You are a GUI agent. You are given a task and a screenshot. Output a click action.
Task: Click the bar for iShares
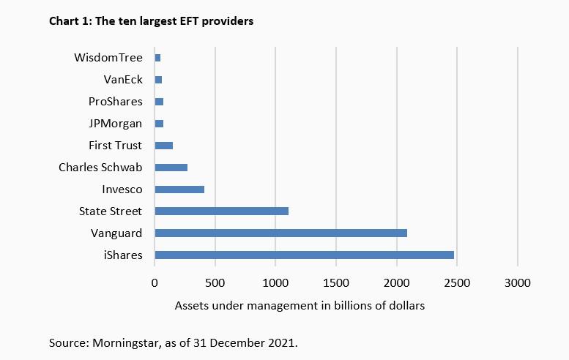[x=304, y=255]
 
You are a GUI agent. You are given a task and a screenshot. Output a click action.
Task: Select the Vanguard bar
[x=280, y=233]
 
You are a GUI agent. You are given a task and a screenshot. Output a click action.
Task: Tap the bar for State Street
[x=221, y=211]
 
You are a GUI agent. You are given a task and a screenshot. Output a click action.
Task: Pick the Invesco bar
[x=179, y=190]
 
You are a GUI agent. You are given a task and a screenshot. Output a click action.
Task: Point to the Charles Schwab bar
[x=171, y=168]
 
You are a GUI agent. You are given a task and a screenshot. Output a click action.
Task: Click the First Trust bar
[x=163, y=146]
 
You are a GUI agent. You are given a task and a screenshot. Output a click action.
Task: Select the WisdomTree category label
[x=108, y=57]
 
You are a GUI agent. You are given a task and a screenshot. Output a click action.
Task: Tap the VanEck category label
[x=122, y=79]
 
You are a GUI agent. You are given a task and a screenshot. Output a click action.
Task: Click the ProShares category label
[x=115, y=101]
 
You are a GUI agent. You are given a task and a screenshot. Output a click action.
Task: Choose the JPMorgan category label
[x=114, y=123]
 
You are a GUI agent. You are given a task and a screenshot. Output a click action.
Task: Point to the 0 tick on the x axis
[x=155, y=282]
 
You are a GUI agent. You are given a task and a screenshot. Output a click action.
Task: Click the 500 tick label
[x=215, y=282]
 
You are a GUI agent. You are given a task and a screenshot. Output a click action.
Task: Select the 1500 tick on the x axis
[x=336, y=282]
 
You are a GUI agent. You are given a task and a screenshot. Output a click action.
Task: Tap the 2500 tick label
[x=457, y=282]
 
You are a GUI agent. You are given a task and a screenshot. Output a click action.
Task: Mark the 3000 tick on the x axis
[x=518, y=282]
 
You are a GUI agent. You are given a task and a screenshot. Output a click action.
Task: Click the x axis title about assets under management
[x=300, y=305]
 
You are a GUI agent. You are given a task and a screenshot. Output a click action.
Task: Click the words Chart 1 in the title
[x=68, y=21]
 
